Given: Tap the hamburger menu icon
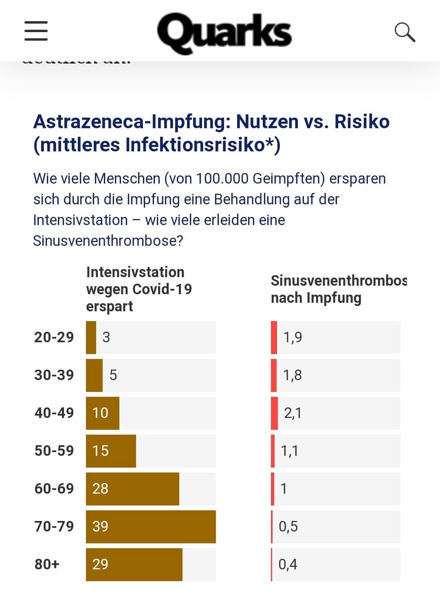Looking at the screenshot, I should [x=36, y=31].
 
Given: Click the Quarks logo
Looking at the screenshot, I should [x=224, y=33].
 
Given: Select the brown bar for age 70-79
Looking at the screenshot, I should [x=151, y=527].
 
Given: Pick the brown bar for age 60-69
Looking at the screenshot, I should [x=132, y=489].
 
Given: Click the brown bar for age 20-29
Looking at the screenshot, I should [x=91, y=337].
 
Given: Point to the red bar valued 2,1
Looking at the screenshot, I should [x=274, y=413].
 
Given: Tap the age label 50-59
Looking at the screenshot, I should [x=54, y=451].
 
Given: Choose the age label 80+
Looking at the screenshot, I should [x=47, y=564].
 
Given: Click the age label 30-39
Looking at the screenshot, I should [x=54, y=375].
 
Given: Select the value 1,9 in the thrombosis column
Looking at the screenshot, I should [x=293, y=337].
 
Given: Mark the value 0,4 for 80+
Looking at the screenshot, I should [x=288, y=564].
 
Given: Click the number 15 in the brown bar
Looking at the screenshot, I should [x=100, y=451].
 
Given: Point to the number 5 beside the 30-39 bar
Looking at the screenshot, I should [x=113, y=375].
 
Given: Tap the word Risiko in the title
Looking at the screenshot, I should [x=362, y=122].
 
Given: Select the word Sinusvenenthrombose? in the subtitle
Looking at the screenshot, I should [x=108, y=241].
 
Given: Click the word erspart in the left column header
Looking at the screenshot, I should [x=109, y=306].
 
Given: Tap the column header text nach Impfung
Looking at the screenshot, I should [x=316, y=298].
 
